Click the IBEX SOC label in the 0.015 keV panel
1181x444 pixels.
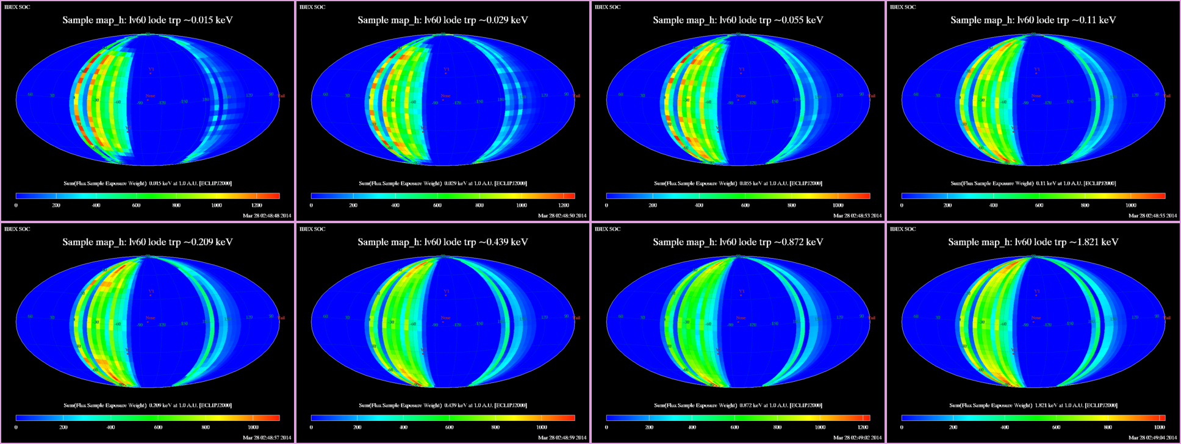(17, 7)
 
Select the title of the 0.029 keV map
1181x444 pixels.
(443, 20)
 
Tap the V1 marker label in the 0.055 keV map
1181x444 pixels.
(741, 70)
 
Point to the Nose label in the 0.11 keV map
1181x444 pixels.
(1036, 96)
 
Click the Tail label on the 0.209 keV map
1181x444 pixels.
(281, 318)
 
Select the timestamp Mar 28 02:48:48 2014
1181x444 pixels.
(267, 215)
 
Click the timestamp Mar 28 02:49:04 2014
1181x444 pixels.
(1153, 437)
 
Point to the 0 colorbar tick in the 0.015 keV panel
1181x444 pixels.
(16, 206)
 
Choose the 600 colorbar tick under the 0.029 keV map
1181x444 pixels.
(437, 206)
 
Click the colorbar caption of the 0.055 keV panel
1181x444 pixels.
(738, 184)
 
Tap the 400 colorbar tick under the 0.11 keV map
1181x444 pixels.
(993, 206)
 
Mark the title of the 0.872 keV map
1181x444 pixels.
(738, 242)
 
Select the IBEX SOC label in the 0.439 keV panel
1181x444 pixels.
(312, 229)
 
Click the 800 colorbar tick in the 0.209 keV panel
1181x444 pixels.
(206, 428)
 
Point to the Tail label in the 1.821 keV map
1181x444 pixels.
(1167, 318)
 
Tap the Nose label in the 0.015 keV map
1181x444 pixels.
(150, 96)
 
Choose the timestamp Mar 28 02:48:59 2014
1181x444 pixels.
(562, 437)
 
